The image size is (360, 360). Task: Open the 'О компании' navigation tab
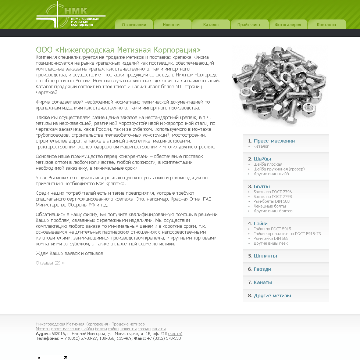coord(134,25)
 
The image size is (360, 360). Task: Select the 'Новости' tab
coord(171,25)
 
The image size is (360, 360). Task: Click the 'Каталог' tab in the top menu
coord(211,25)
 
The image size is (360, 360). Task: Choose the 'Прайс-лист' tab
coord(249,25)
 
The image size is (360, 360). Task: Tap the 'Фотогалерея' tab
coord(288,25)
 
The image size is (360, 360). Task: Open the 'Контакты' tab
coord(327,25)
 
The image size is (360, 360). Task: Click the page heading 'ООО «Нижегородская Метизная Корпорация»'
coord(118,50)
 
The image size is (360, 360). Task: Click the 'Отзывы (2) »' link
coord(50,263)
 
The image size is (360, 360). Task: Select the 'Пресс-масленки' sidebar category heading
coord(274,141)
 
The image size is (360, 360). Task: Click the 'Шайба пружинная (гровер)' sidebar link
coord(279,169)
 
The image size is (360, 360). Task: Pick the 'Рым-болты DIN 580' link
coord(271,201)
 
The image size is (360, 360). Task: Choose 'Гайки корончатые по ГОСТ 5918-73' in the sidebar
coord(287,234)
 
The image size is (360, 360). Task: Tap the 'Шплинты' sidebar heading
coord(265,256)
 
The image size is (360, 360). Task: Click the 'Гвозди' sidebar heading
coord(262,269)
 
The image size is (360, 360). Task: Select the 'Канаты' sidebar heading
coord(263,282)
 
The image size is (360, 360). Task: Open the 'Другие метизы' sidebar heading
coord(272,296)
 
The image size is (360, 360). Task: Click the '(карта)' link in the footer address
coord(175,334)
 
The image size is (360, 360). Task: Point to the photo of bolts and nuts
coord(278,85)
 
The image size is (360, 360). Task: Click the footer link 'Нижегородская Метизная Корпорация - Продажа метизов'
coord(90,324)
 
